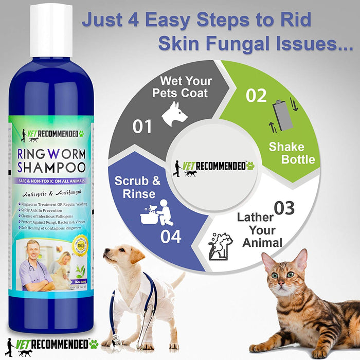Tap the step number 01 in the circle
click(x=142, y=127)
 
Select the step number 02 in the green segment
click(x=256, y=95)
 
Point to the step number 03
click(x=284, y=208)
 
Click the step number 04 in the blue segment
click(x=170, y=237)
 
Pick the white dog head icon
click(x=174, y=114)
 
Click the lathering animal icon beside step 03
click(x=221, y=245)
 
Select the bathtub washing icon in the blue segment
click(x=156, y=212)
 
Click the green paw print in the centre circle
click(x=250, y=166)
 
